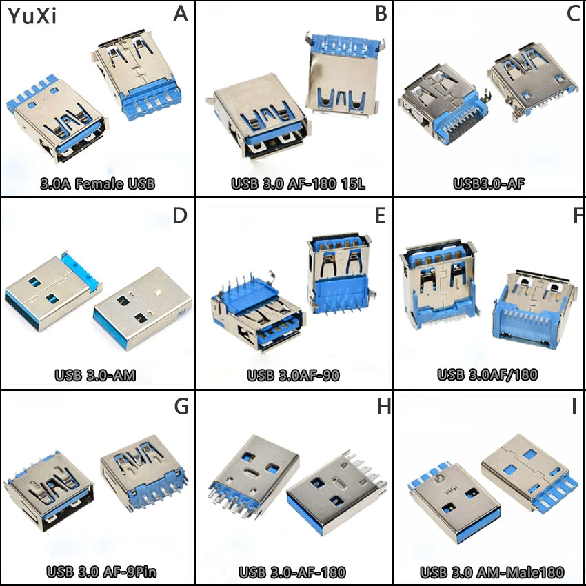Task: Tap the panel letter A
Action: pyautogui.click(x=180, y=14)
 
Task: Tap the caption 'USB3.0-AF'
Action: pyautogui.click(x=489, y=184)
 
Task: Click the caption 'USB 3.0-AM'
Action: pyautogui.click(x=95, y=376)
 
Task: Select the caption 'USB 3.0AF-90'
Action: pyautogui.click(x=294, y=376)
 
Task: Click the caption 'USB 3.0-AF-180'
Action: pyautogui.click(x=292, y=572)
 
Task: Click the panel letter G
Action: pyautogui.click(x=181, y=406)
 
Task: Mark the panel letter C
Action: pyautogui.click(x=574, y=14)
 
